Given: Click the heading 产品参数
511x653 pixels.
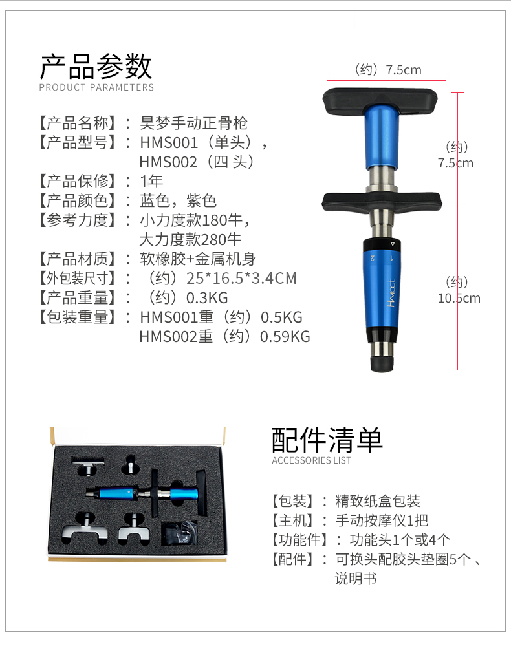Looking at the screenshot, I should (96, 67).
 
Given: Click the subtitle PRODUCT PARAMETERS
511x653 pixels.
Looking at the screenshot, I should (96, 87).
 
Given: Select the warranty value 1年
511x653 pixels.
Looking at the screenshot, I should (151, 182).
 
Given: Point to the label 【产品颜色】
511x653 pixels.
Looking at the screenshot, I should (77, 201).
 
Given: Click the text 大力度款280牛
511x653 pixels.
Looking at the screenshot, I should (191, 239).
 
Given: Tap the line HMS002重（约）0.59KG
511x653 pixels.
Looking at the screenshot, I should (224, 337).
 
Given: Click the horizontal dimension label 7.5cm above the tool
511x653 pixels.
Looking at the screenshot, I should (403, 70).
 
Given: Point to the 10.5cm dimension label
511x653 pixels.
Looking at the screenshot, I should (459, 298).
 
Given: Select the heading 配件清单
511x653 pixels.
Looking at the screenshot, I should (327, 440).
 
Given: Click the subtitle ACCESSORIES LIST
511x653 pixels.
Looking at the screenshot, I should (311, 460).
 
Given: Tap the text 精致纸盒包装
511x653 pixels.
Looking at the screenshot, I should (378, 501).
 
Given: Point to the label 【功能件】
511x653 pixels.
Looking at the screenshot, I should (299, 540).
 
